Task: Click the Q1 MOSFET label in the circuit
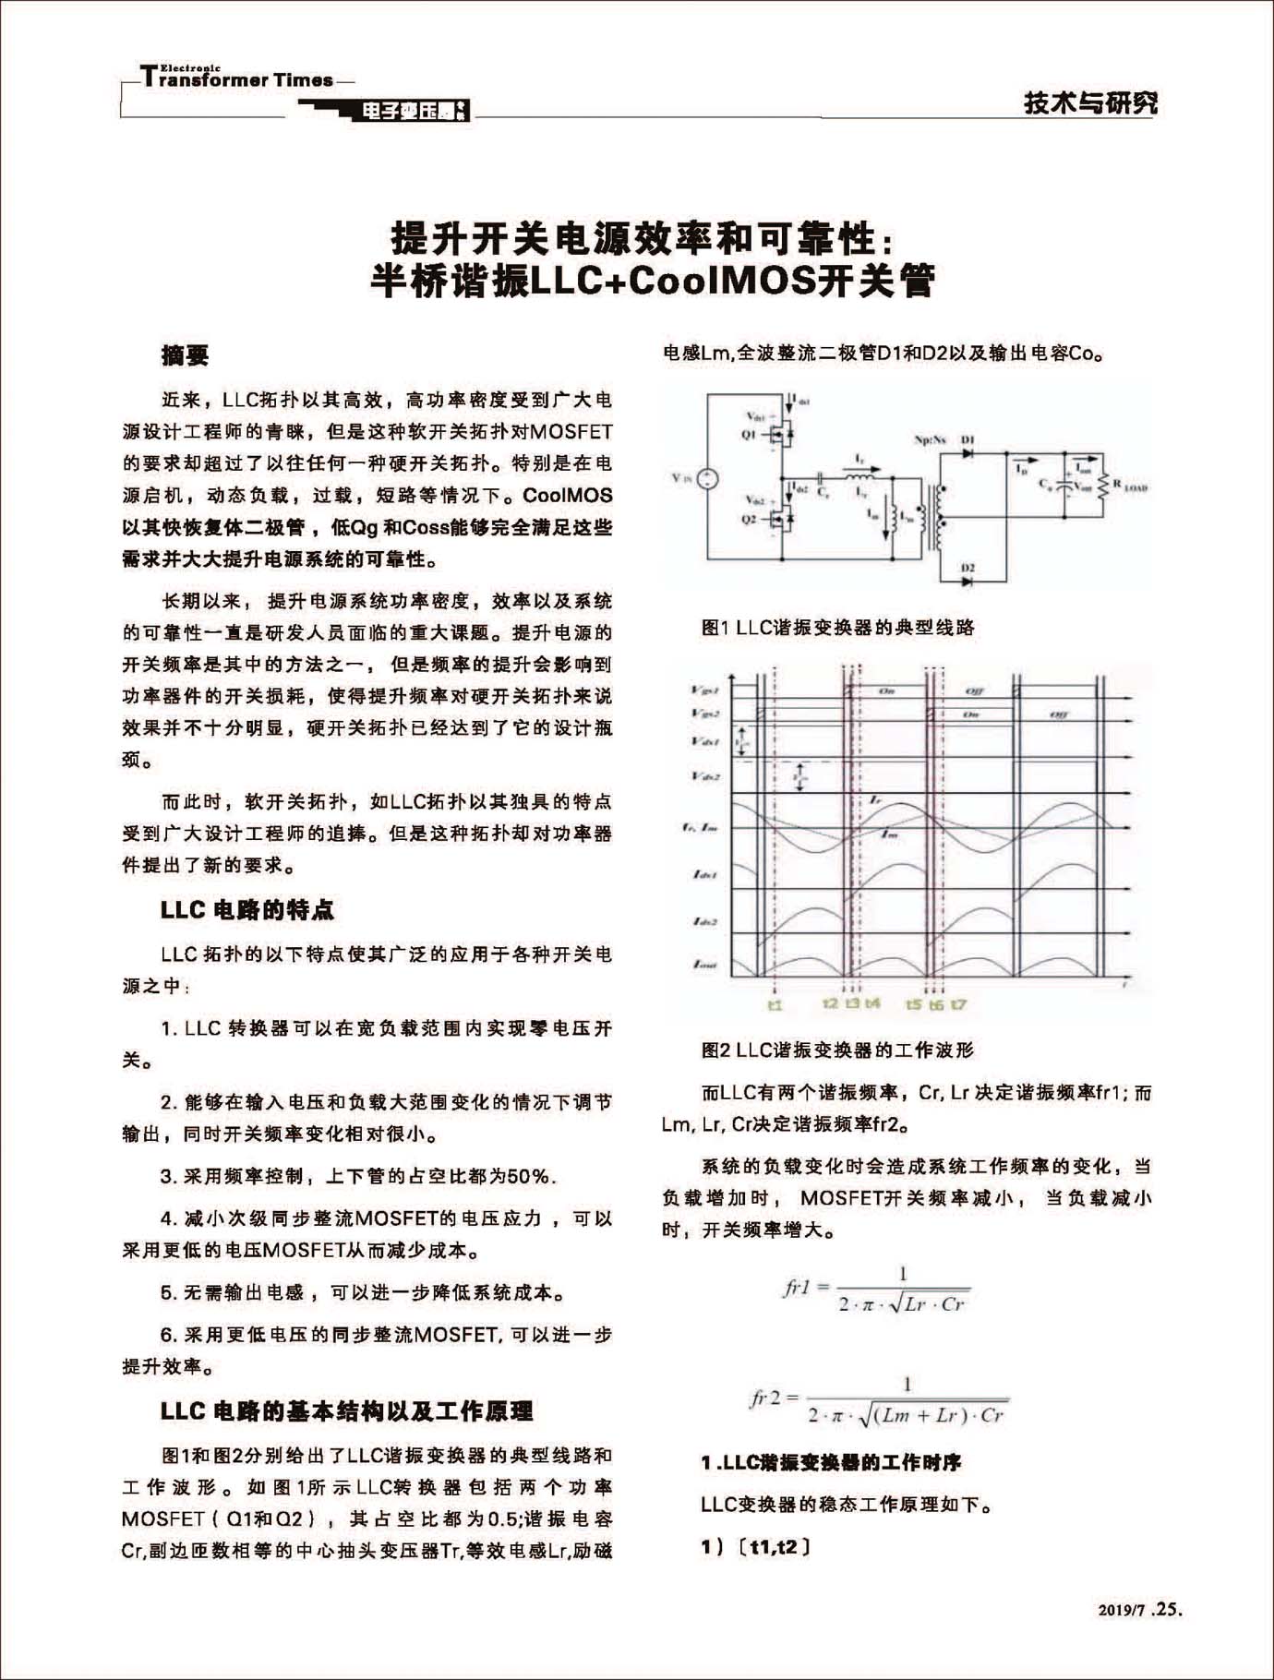click(x=748, y=434)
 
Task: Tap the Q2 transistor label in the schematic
click(x=748, y=519)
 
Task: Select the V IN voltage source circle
click(x=707, y=478)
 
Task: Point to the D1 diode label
click(x=968, y=440)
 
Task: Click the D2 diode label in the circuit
click(x=968, y=568)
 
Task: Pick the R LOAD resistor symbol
click(x=1102, y=484)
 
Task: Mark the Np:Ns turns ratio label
click(x=930, y=440)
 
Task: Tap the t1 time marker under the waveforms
click(x=775, y=1004)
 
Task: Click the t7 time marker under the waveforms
click(x=959, y=1004)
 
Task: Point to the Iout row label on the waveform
click(x=705, y=965)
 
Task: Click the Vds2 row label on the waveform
click(x=705, y=775)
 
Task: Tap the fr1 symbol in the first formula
click(x=797, y=1287)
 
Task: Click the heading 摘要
click(x=185, y=355)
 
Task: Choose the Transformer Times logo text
click(x=238, y=78)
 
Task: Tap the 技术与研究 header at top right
click(x=1090, y=102)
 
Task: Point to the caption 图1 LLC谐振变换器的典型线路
click(x=837, y=628)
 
